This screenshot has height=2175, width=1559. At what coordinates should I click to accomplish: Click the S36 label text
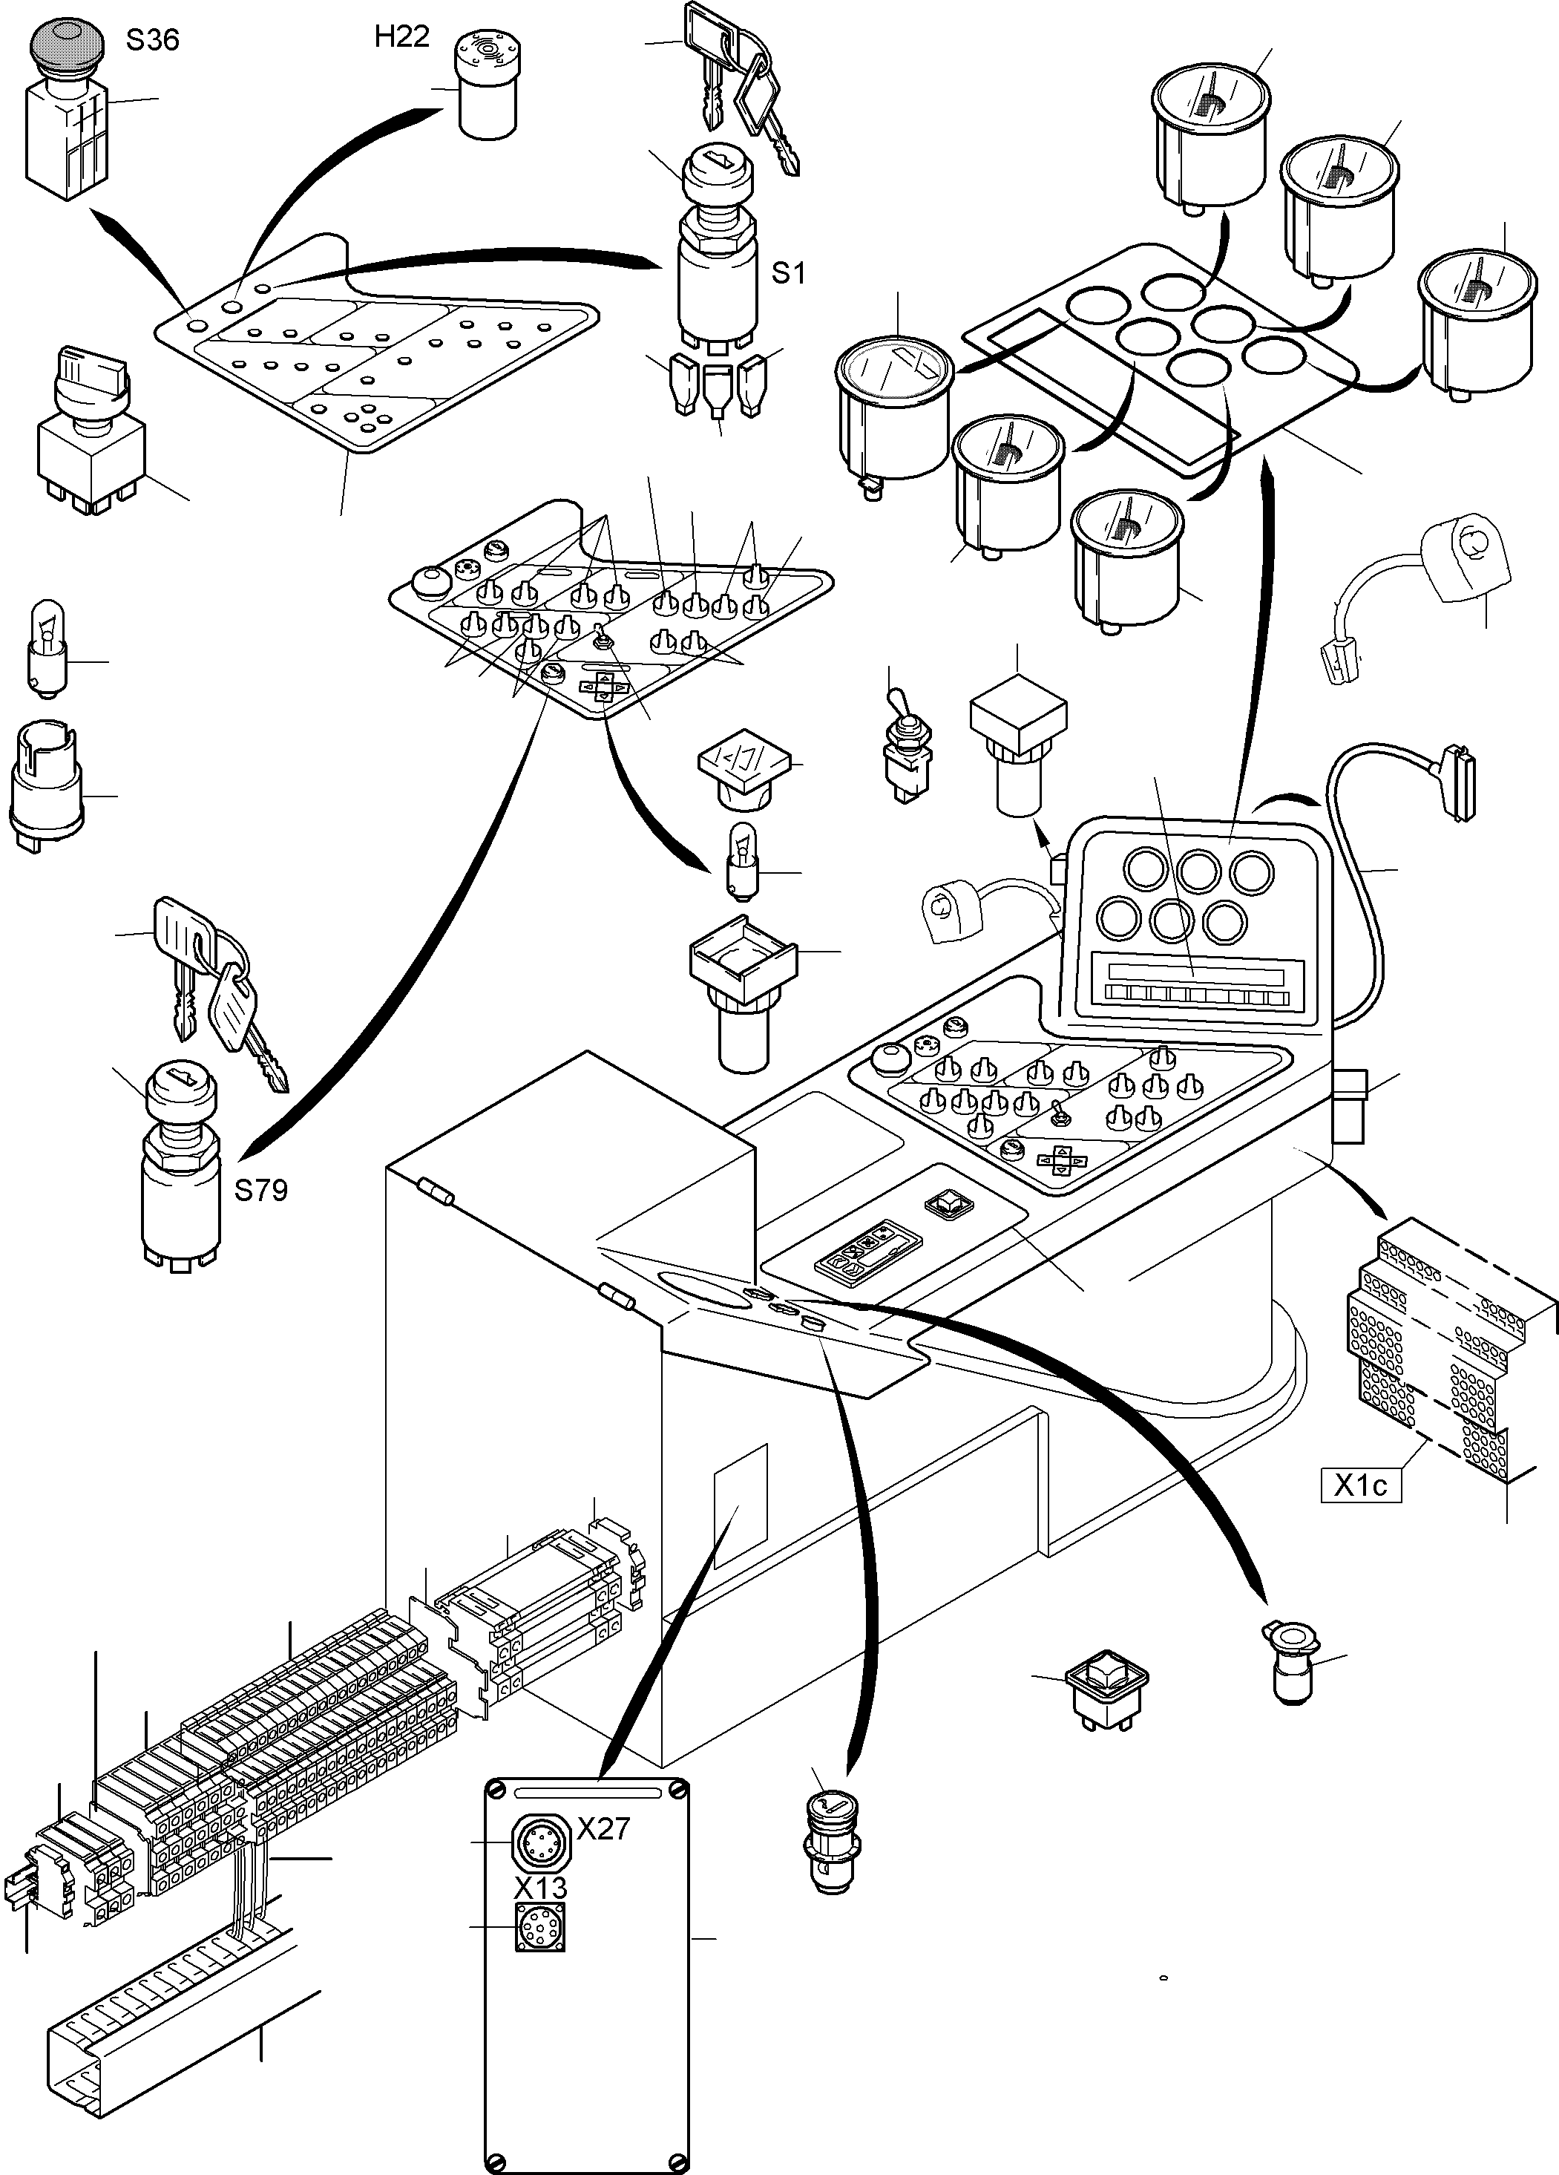click(152, 40)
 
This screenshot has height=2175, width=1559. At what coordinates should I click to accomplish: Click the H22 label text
click(401, 36)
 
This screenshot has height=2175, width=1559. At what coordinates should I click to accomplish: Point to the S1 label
click(788, 273)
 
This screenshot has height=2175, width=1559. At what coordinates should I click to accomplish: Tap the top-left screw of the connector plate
click(495, 1790)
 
